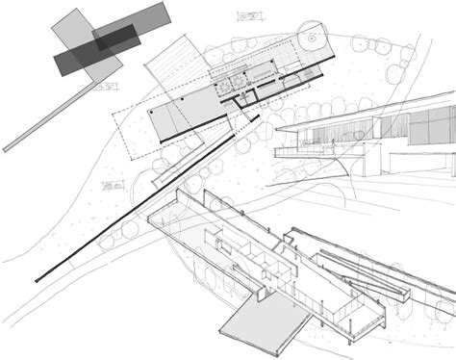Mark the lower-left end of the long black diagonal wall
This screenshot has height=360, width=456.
pyautogui.click(x=38, y=280)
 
